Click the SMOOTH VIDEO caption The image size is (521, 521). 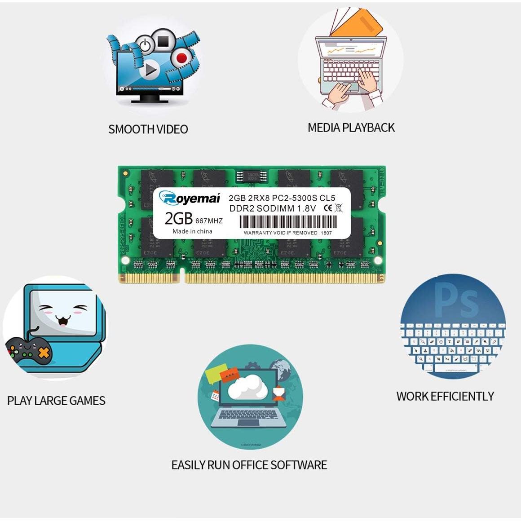point(148,129)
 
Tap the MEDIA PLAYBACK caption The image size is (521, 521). point(351,128)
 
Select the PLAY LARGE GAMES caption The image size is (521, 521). point(56,401)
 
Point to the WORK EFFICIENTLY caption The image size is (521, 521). point(445,396)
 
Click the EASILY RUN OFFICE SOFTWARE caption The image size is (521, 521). point(249,465)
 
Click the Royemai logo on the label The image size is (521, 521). point(190,198)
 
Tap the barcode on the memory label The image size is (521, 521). point(287,222)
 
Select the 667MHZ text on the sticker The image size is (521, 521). point(209,221)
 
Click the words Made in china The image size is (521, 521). point(192,231)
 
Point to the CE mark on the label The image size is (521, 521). point(328,208)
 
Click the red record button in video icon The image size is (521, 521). point(181,57)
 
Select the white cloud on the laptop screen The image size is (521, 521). point(245,387)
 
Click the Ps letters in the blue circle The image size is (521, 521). point(456,299)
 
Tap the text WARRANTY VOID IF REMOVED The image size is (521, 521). point(280,233)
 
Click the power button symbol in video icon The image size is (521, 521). point(145,45)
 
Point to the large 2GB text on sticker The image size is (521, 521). point(178,218)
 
